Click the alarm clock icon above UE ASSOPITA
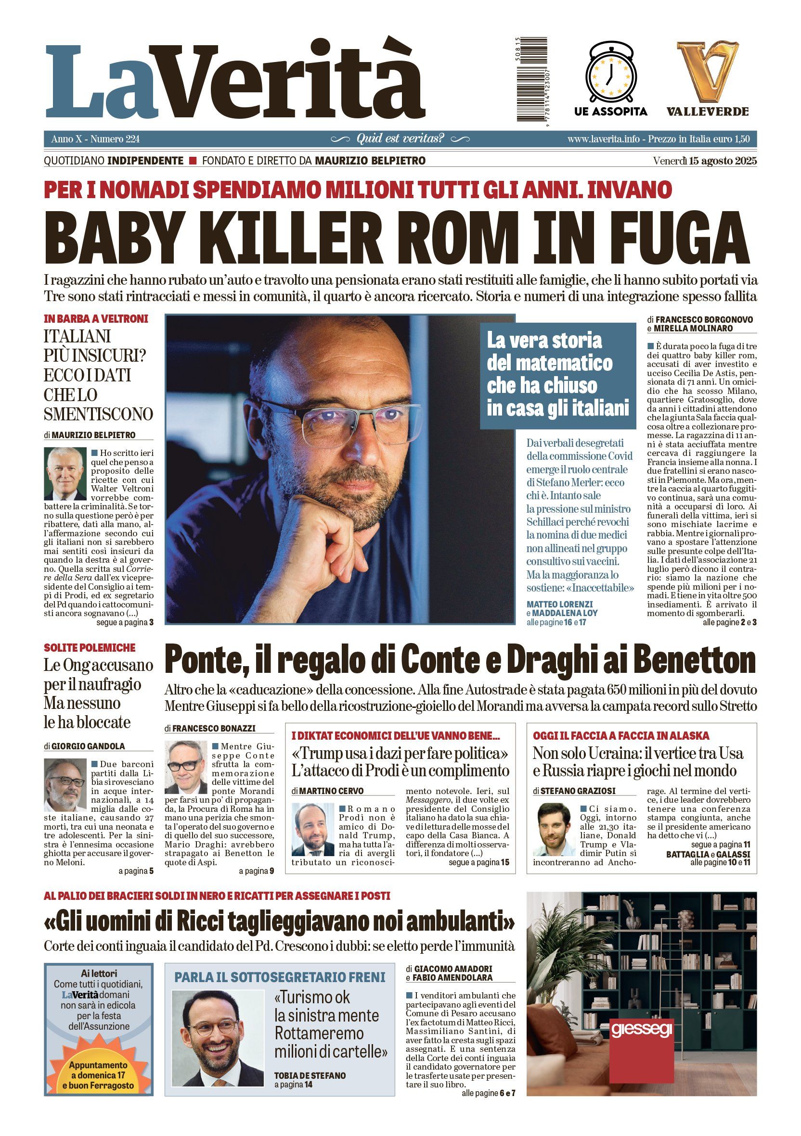[610, 73]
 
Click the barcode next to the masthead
[532, 79]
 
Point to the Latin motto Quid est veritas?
[400, 139]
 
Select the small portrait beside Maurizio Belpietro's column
[65, 474]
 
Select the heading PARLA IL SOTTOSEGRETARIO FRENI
[280, 977]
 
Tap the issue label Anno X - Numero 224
[95, 139]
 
